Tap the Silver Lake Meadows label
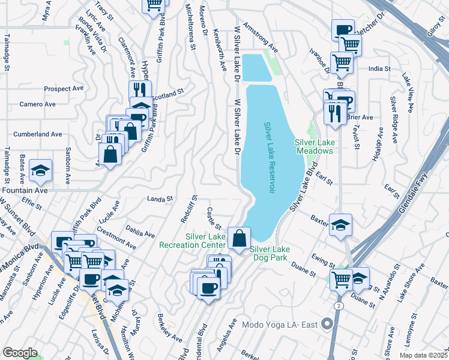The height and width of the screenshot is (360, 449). point(313,146)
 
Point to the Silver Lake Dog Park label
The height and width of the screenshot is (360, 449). point(270,254)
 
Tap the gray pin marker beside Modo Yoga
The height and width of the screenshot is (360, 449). point(327,324)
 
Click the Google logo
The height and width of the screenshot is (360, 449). point(20,353)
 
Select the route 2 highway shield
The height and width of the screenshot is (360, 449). point(339,306)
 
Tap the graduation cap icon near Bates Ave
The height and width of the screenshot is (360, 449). point(40,171)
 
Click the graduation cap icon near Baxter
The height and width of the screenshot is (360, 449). point(340,225)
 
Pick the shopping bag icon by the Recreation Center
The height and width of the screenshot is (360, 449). point(239,238)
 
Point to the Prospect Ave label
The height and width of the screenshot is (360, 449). point(64,88)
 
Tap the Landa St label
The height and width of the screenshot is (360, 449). point(160,198)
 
